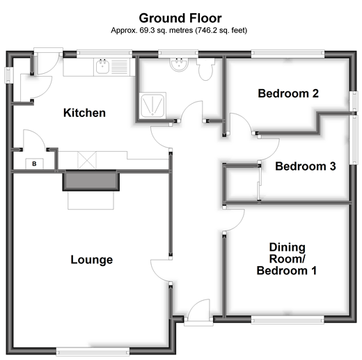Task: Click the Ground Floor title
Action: pyautogui.click(x=180, y=18)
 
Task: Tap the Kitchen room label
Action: pyautogui.click(x=84, y=113)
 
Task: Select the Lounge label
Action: pyautogui.click(x=92, y=260)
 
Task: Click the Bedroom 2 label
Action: pyautogui.click(x=288, y=93)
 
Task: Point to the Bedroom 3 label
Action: pyautogui.click(x=306, y=166)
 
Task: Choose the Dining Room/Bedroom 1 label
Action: pyautogui.click(x=287, y=259)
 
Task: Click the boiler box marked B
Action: pyautogui.click(x=34, y=164)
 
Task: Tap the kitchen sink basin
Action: pyautogui.click(x=102, y=67)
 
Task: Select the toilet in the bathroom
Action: pyautogui.click(x=206, y=69)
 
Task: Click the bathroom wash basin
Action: pyautogui.click(x=179, y=64)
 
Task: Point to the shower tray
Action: pyautogui.click(x=152, y=106)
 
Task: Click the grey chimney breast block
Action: pyautogui.click(x=91, y=180)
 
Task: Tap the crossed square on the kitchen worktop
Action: pyautogui.click(x=87, y=160)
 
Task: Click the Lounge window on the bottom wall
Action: pyautogui.click(x=93, y=352)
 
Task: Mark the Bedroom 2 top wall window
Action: pyautogui.click(x=288, y=54)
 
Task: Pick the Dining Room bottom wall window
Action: pyautogui.click(x=288, y=320)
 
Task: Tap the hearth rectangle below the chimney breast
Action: pyautogui.click(x=90, y=200)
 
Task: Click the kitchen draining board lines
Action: pyautogui.click(x=120, y=67)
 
